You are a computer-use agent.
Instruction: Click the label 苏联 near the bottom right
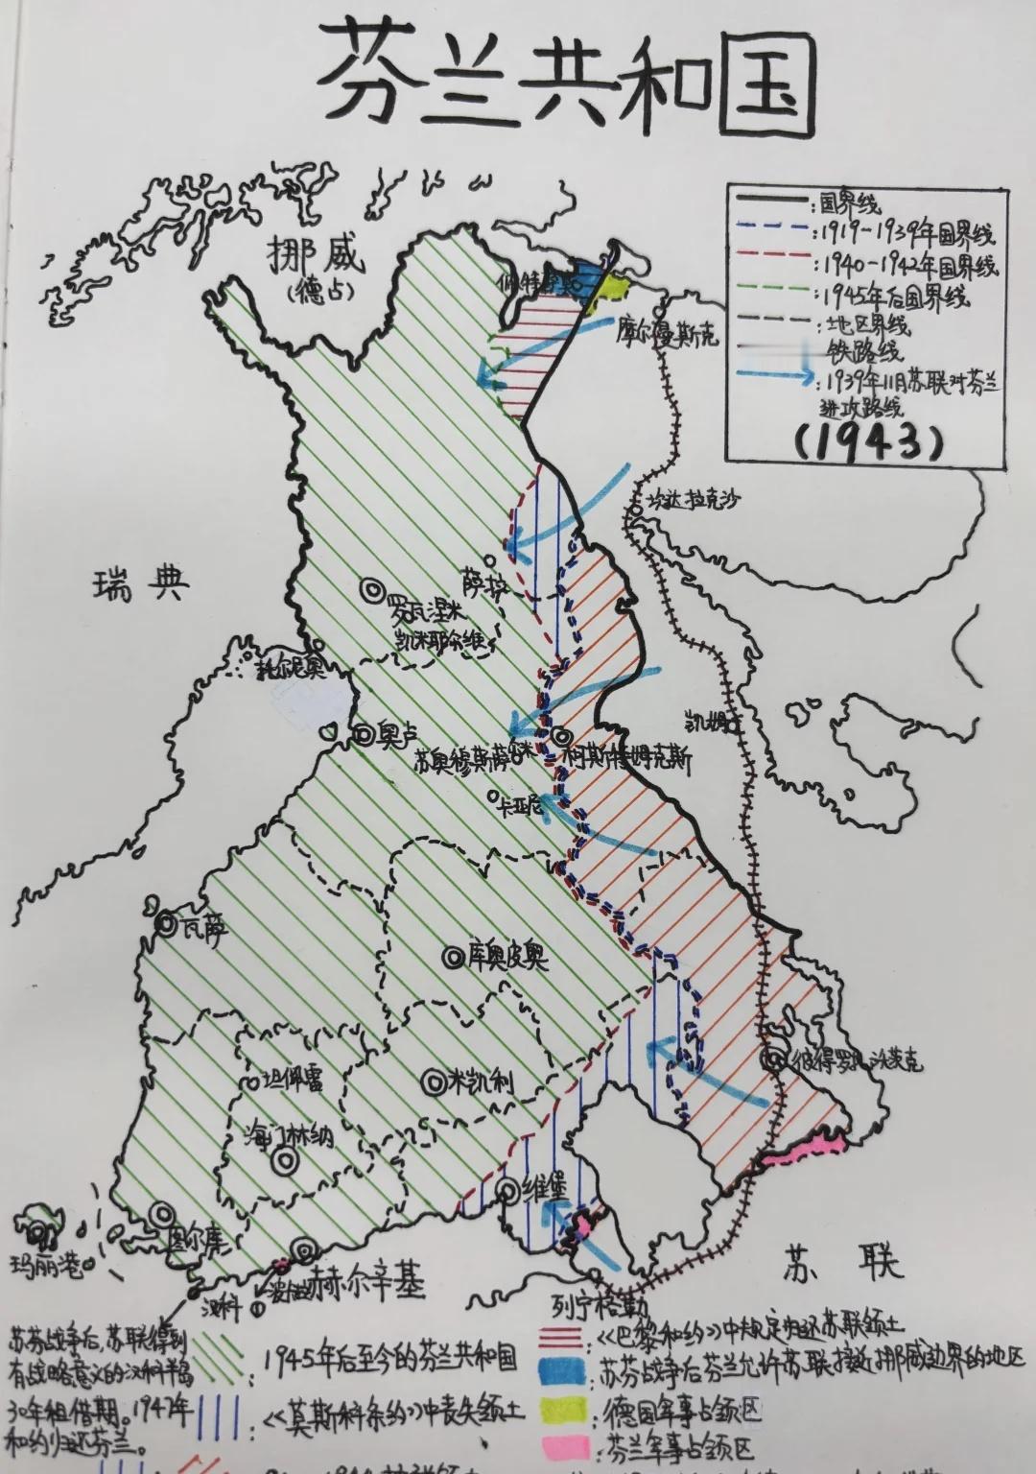pyautogui.click(x=842, y=1260)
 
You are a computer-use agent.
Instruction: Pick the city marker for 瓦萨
pyautogui.click(x=166, y=924)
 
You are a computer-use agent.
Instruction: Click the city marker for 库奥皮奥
pyautogui.click(x=452, y=956)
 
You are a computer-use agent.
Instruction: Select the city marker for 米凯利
pyautogui.click(x=435, y=1080)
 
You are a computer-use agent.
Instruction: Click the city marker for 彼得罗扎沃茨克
pyautogui.click(x=773, y=1059)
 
